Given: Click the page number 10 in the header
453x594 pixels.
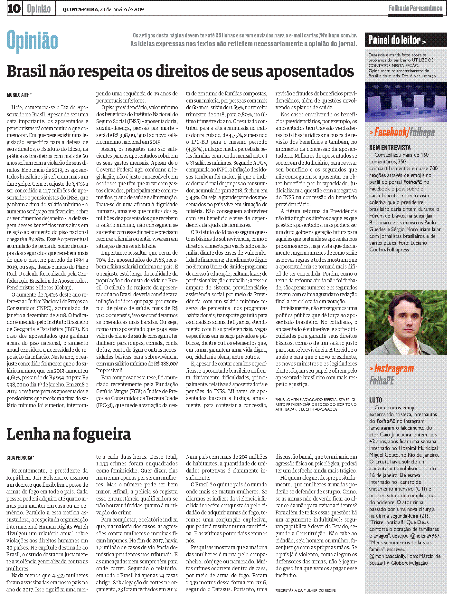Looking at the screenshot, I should (14, 9).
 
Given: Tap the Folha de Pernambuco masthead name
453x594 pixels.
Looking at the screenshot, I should (415, 8).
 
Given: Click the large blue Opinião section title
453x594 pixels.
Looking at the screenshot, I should (32, 41).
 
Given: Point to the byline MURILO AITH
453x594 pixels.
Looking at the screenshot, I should (19, 95).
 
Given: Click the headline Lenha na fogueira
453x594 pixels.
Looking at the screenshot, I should (69, 434).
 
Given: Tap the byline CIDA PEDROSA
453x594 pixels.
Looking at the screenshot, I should (20, 458).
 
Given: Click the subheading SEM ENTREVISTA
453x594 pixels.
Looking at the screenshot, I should (390, 148).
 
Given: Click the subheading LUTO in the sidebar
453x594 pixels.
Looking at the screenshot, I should (375, 400).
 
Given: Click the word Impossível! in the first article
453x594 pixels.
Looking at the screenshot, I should (109, 370).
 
